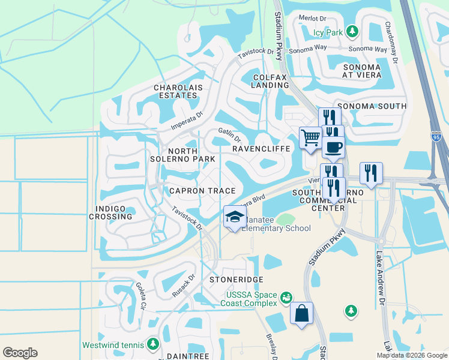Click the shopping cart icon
pyautogui.click(x=310, y=137)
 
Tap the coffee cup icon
pyautogui.click(x=333, y=146)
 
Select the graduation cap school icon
pyautogui.click(x=235, y=217)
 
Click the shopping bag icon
pyautogui.click(x=301, y=313)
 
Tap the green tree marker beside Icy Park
pyautogui.click(x=353, y=31)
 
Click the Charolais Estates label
pyautogui.click(x=175, y=91)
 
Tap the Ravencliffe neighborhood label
pyautogui.click(x=261, y=148)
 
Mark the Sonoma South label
pyautogui.click(x=374, y=106)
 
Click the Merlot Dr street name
pyautogui.click(x=313, y=19)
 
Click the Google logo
pyautogui.click(x=20, y=353)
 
